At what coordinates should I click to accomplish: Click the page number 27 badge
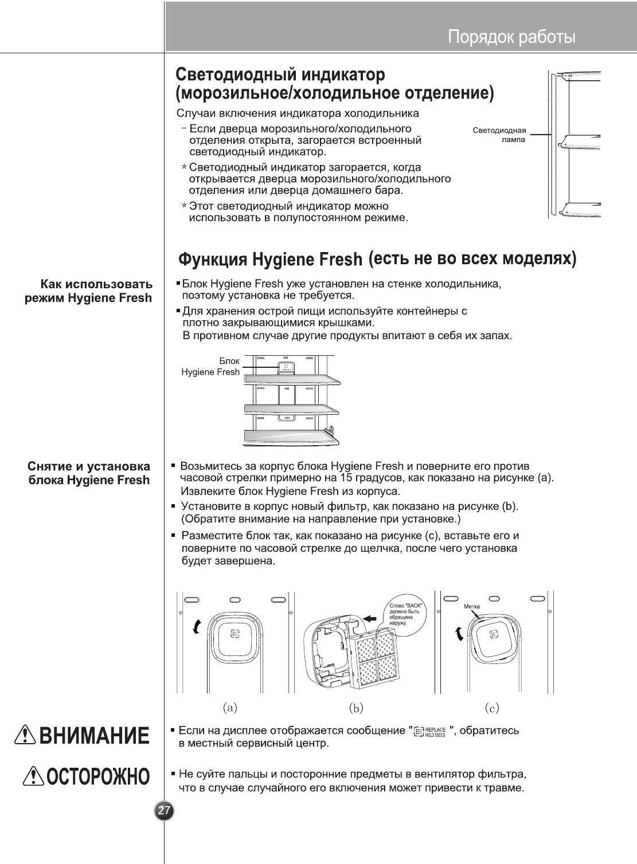pos(165,811)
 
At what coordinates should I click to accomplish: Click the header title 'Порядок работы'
pos(511,38)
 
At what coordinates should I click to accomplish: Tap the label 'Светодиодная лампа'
pos(499,135)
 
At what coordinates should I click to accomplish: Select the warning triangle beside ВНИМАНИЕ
pos(27,736)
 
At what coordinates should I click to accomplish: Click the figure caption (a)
pos(230,708)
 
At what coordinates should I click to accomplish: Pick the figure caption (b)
pos(356,708)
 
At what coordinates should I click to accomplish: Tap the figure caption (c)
pos(491,708)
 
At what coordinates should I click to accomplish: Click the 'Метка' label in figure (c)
pos(471,606)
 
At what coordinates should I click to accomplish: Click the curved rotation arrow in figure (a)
pos(197,627)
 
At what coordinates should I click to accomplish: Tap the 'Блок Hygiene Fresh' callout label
pos(210,367)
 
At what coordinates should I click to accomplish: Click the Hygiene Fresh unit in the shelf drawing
pos(285,367)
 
